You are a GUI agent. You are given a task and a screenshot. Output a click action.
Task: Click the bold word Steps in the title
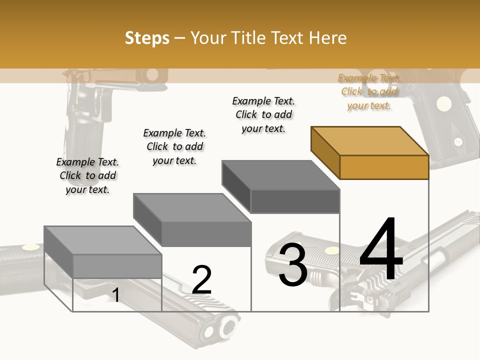(x=147, y=38)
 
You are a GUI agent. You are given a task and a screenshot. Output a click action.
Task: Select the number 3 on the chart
(x=292, y=265)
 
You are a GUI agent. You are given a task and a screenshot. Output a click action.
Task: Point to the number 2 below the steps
(x=201, y=280)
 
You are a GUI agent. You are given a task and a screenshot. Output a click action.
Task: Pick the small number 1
(x=116, y=295)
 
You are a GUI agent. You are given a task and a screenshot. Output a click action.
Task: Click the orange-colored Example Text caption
(x=369, y=91)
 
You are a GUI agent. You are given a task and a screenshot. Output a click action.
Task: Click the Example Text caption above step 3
(x=263, y=114)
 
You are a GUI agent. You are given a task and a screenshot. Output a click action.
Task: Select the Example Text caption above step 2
(x=174, y=146)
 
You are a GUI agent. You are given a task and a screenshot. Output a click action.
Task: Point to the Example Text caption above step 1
(x=87, y=175)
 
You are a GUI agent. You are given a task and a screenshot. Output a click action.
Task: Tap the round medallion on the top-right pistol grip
(x=443, y=104)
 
